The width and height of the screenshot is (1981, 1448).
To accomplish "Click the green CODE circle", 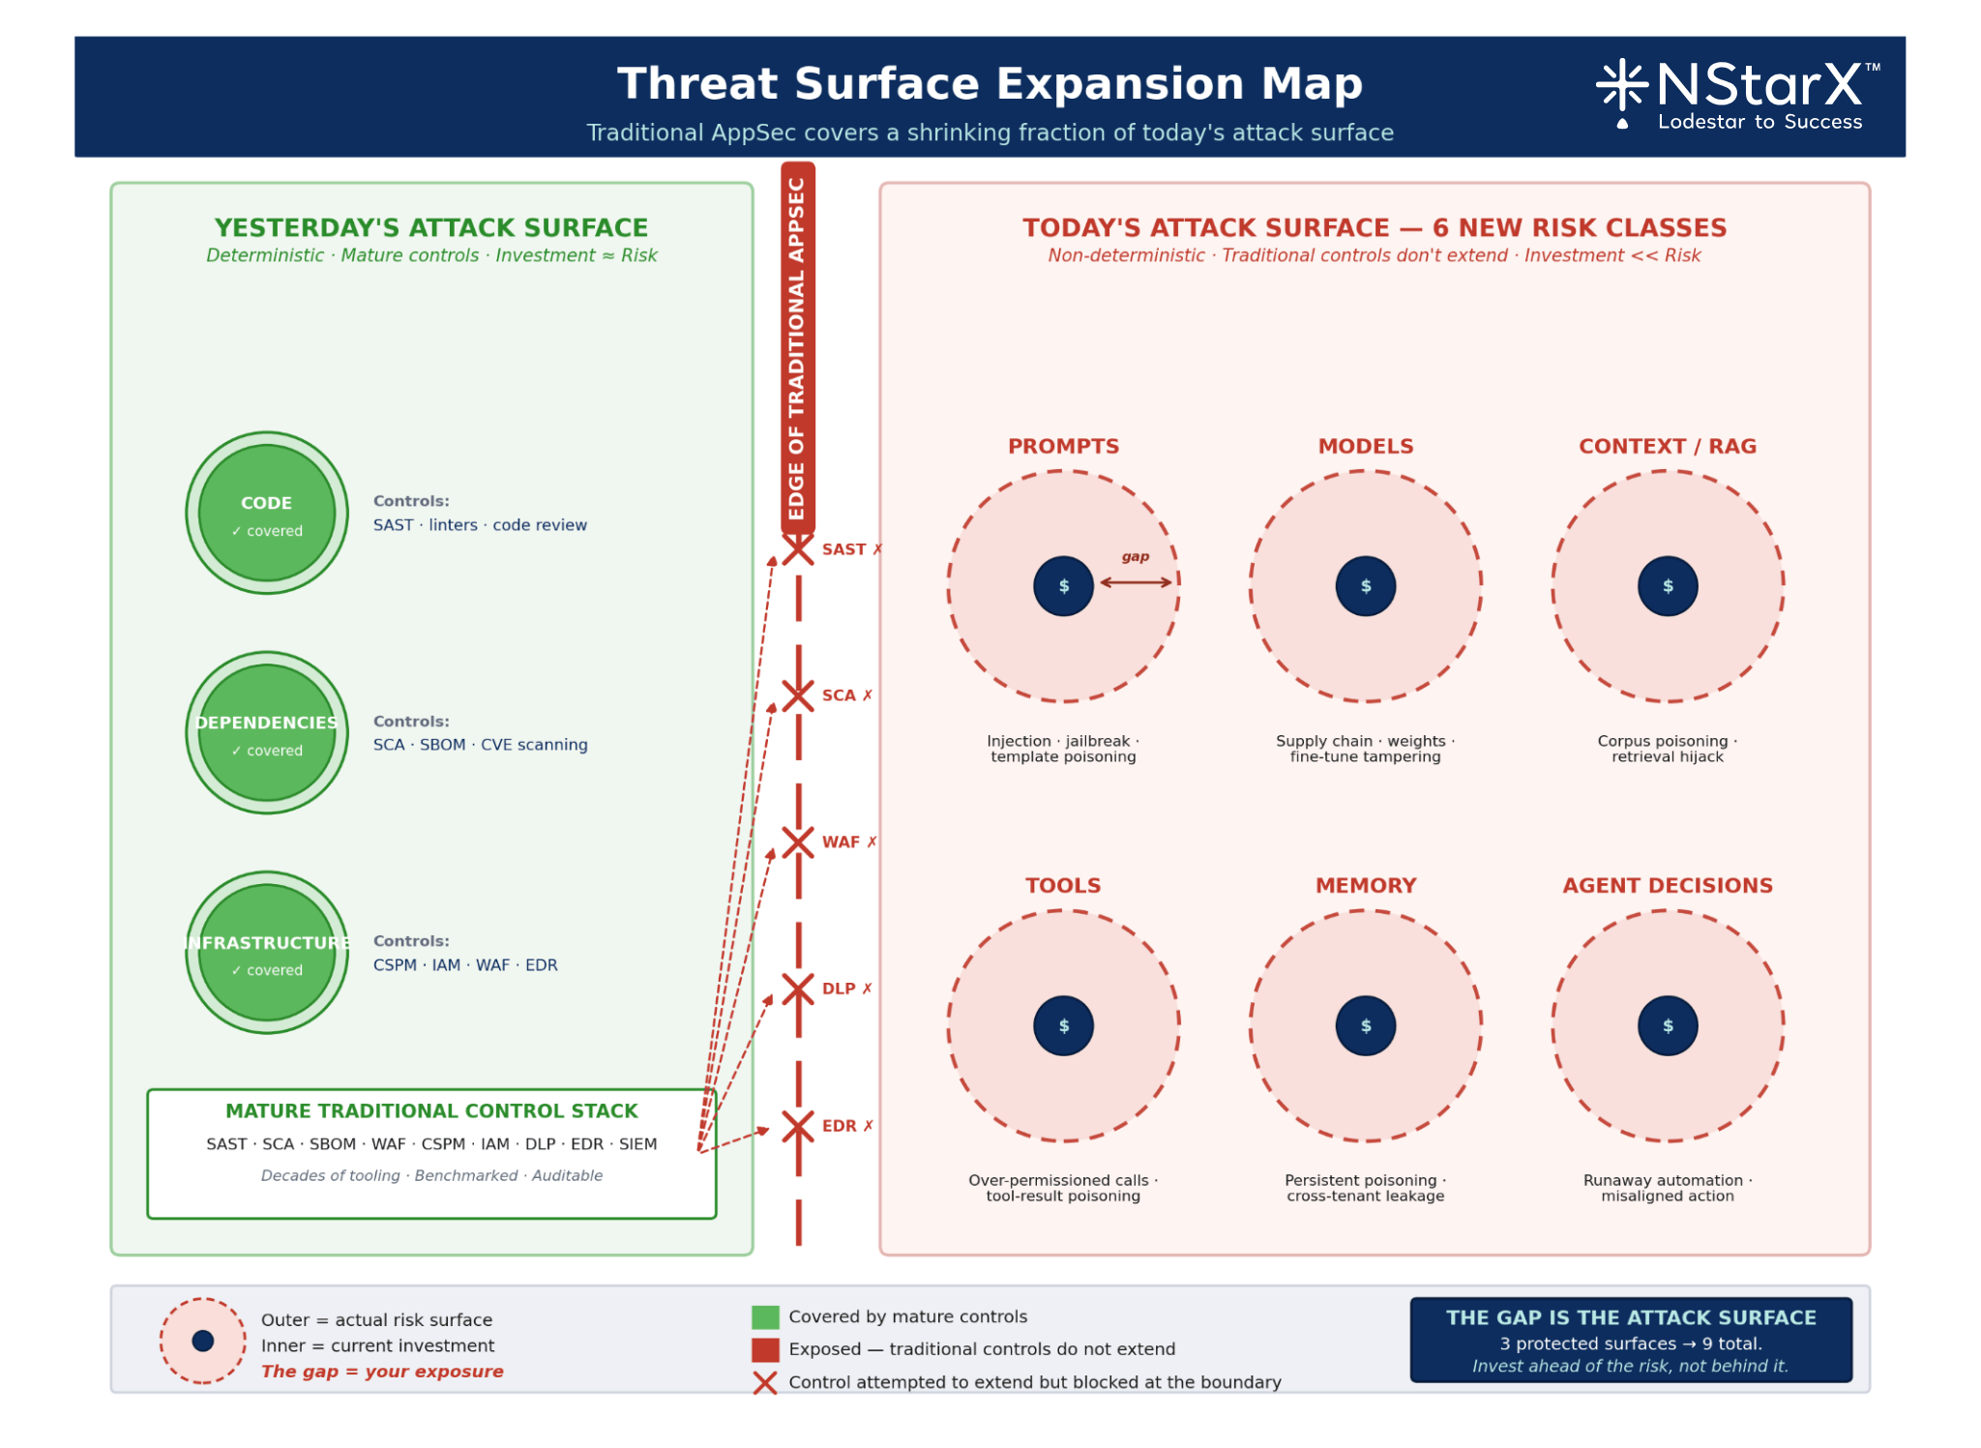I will click(x=267, y=513).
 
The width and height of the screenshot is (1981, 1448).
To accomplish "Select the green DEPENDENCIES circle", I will click(x=267, y=732).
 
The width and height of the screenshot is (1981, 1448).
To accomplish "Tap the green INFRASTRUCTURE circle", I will click(x=267, y=953).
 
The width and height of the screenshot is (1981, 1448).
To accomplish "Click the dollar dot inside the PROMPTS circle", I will click(x=1063, y=586).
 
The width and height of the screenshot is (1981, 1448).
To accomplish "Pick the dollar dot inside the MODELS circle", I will click(x=1365, y=586).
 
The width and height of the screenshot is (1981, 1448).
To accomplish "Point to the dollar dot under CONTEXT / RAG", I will click(x=1668, y=586).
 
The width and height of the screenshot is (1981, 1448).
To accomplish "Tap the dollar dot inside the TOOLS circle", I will click(x=1063, y=1025).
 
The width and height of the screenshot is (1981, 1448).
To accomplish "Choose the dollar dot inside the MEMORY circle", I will click(x=1365, y=1025).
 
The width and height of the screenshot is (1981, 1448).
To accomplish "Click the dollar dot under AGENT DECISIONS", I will click(x=1668, y=1025).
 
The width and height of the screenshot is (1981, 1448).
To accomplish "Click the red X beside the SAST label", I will click(x=798, y=549).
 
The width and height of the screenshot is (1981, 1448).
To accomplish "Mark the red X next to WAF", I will click(x=798, y=842).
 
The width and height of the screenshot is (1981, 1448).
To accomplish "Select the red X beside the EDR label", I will click(x=798, y=1127).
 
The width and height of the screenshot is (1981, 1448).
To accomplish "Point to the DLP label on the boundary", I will click(x=839, y=989).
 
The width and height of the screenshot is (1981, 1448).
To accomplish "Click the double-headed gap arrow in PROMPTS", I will click(x=1136, y=582).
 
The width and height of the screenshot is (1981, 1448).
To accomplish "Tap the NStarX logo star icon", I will click(x=1622, y=85).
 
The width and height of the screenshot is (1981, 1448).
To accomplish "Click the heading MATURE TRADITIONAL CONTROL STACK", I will click(x=431, y=1111).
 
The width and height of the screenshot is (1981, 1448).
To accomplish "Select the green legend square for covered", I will click(x=765, y=1317).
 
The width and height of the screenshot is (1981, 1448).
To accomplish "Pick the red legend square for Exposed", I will click(x=765, y=1349).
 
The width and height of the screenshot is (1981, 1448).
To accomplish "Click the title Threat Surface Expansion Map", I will click(x=990, y=83).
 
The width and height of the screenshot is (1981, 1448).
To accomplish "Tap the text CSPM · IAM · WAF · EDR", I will click(x=465, y=965).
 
